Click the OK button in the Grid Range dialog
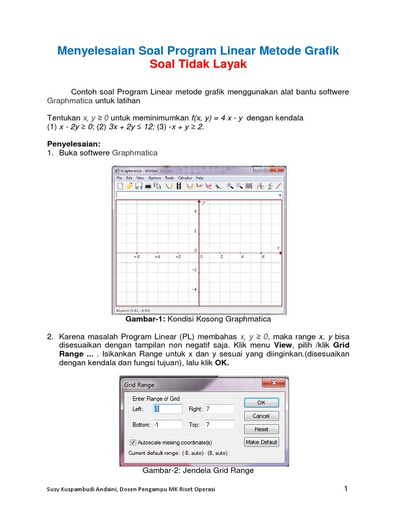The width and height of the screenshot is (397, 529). point(261,402)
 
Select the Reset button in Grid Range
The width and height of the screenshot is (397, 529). point(261,429)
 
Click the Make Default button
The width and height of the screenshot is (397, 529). point(261,442)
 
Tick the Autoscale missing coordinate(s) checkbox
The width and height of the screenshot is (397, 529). point(133,442)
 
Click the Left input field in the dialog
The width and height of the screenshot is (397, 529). point(167,409)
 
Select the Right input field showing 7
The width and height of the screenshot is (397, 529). point(219,409)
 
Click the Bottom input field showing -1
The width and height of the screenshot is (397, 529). point(167,425)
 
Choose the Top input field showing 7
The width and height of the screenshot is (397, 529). point(219,425)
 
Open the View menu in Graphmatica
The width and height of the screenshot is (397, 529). point(140,178)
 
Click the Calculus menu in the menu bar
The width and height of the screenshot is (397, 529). point(185,178)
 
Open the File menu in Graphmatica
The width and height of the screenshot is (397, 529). point(119,178)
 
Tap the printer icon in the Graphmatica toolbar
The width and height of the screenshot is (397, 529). point(148,186)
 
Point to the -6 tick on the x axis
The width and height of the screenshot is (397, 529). point(136,256)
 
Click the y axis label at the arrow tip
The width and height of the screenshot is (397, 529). point(204,203)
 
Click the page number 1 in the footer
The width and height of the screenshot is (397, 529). point(346,489)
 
